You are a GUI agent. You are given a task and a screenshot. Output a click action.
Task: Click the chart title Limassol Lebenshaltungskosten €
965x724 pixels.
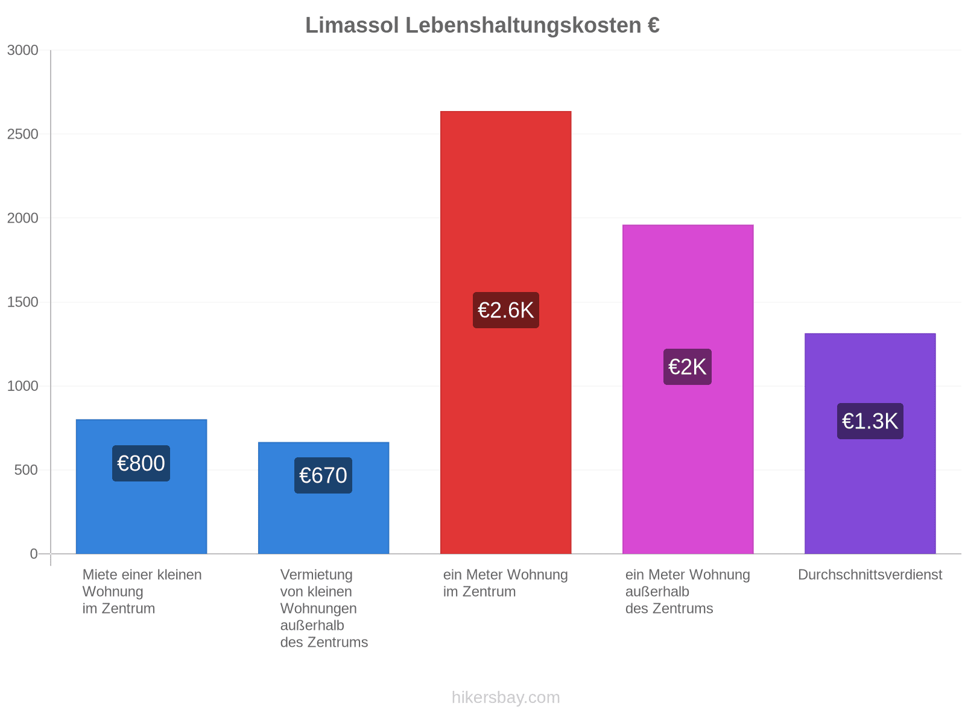click(482, 25)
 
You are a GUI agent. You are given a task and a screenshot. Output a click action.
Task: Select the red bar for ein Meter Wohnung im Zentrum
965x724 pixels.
click(505, 332)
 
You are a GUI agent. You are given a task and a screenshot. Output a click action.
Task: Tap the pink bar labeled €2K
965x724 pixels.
click(688, 389)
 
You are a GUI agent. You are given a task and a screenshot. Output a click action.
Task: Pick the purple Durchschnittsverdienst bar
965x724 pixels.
click(870, 443)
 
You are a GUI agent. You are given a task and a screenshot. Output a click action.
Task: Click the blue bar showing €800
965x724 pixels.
click(141, 487)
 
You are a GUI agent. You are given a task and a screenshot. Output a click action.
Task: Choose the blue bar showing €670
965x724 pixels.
click(323, 498)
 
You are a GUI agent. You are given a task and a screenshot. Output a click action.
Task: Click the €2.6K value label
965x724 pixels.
click(505, 310)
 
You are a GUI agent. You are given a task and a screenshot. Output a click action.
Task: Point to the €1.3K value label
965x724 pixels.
click(870, 421)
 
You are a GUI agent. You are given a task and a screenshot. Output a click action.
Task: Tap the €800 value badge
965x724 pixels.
click(141, 463)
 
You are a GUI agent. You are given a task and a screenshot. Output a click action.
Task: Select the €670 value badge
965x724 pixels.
click(323, 475)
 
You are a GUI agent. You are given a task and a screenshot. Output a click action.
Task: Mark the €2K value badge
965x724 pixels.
click(688, 367)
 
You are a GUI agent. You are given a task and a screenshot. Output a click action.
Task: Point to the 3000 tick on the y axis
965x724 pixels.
click(22, 50)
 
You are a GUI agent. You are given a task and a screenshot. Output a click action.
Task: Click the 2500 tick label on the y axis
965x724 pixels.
click(22, 134)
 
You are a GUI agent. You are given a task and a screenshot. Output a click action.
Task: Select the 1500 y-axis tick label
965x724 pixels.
click(22, 302)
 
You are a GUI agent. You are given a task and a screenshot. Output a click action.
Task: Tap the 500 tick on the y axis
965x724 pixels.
click(26, 470)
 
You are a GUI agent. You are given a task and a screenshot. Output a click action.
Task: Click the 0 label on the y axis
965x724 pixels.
click(34, 554)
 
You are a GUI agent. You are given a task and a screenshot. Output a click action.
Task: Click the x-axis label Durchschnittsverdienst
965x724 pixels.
click(870, 574)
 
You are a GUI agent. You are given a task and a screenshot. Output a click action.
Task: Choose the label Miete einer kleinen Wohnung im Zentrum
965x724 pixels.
click(142, 591)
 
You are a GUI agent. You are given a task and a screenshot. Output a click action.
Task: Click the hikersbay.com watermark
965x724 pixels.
click(505, 697)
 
